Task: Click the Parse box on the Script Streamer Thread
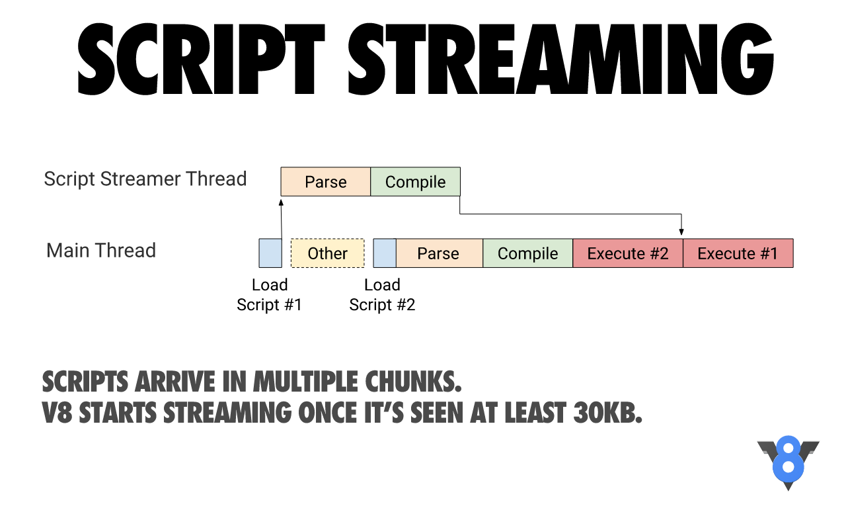326,181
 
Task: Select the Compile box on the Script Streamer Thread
416,181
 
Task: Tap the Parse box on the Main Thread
440,253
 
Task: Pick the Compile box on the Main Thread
528,253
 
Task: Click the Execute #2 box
628,253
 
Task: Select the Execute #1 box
738,253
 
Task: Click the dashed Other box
328,253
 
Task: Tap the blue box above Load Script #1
270,253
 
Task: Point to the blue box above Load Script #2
385,253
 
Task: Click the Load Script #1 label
269,295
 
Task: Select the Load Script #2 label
382,295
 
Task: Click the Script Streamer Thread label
145,179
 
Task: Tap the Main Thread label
101,250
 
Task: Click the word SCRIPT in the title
201,59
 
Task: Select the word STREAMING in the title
560,59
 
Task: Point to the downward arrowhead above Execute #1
681,232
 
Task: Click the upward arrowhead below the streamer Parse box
281,202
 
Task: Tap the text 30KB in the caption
607,412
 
